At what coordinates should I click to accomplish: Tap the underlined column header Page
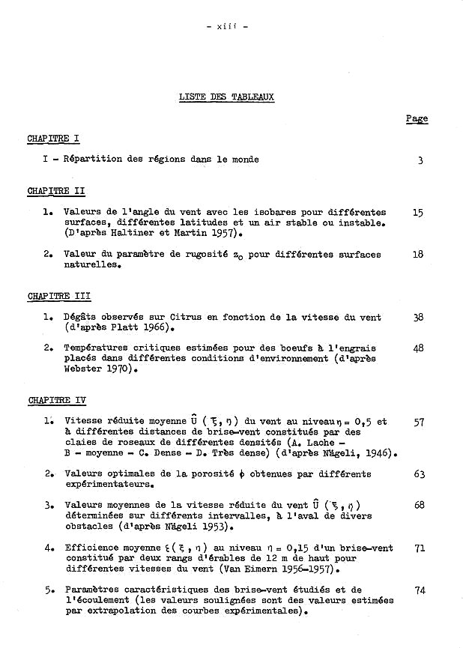point(417,118)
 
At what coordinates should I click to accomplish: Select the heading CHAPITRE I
point(53,139)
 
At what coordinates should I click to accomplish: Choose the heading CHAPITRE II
point(55,191)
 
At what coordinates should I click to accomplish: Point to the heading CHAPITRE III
point(58,297)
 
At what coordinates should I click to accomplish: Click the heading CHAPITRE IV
point(57,401)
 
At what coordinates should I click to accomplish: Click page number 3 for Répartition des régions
point(421,160)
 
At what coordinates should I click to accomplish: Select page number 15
point(418,213)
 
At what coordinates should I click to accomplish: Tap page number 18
point(418,255)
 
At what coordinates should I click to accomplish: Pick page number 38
point(418,318)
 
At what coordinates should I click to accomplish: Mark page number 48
point(418,348)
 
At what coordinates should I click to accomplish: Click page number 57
point(419,422)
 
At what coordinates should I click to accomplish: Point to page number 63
point(419,474)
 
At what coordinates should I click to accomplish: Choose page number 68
point(419,506)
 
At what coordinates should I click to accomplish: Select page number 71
point(420,548)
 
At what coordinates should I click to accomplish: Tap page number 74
point(420,590)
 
